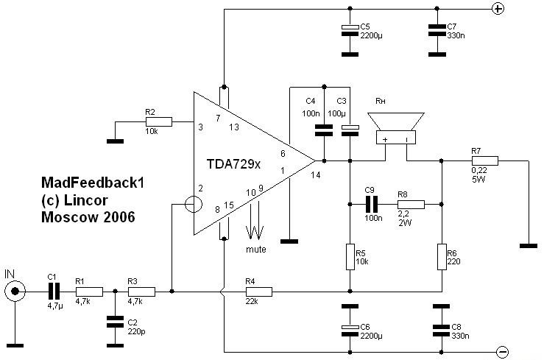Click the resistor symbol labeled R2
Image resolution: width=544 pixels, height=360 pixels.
coord(158,121)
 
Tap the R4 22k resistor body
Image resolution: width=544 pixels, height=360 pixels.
coord(259,292)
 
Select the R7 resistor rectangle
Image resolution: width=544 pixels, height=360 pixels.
coord(484,160)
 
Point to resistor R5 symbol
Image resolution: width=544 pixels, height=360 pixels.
coord(350,257)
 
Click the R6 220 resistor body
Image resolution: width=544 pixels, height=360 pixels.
coord(441,257)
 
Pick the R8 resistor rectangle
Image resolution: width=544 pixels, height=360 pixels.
coord(411,204)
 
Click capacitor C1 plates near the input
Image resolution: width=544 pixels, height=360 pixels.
coord(54,292)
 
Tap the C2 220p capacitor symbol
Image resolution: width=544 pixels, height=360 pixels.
coord(115,322)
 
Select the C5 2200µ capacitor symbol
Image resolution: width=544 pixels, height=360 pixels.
coord(350,30)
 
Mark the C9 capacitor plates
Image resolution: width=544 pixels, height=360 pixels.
coord(372,204)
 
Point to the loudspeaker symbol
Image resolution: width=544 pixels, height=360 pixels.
coord(396,128)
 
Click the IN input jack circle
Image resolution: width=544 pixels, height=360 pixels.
coord(15,292)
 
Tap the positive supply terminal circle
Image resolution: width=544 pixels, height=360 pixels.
coord(498,9)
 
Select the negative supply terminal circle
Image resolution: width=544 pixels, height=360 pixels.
coord(502,352)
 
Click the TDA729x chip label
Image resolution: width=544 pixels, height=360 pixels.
coord(233,164)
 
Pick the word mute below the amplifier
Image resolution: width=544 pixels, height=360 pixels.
coord(256,249)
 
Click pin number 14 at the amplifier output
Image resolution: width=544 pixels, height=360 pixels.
coord(315,175)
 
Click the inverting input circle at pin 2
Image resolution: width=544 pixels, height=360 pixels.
coord(194,204)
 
